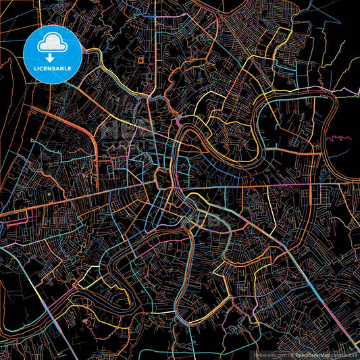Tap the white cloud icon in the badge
[53, 42]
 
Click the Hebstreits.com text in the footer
[269, 354]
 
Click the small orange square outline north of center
[140, 60]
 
